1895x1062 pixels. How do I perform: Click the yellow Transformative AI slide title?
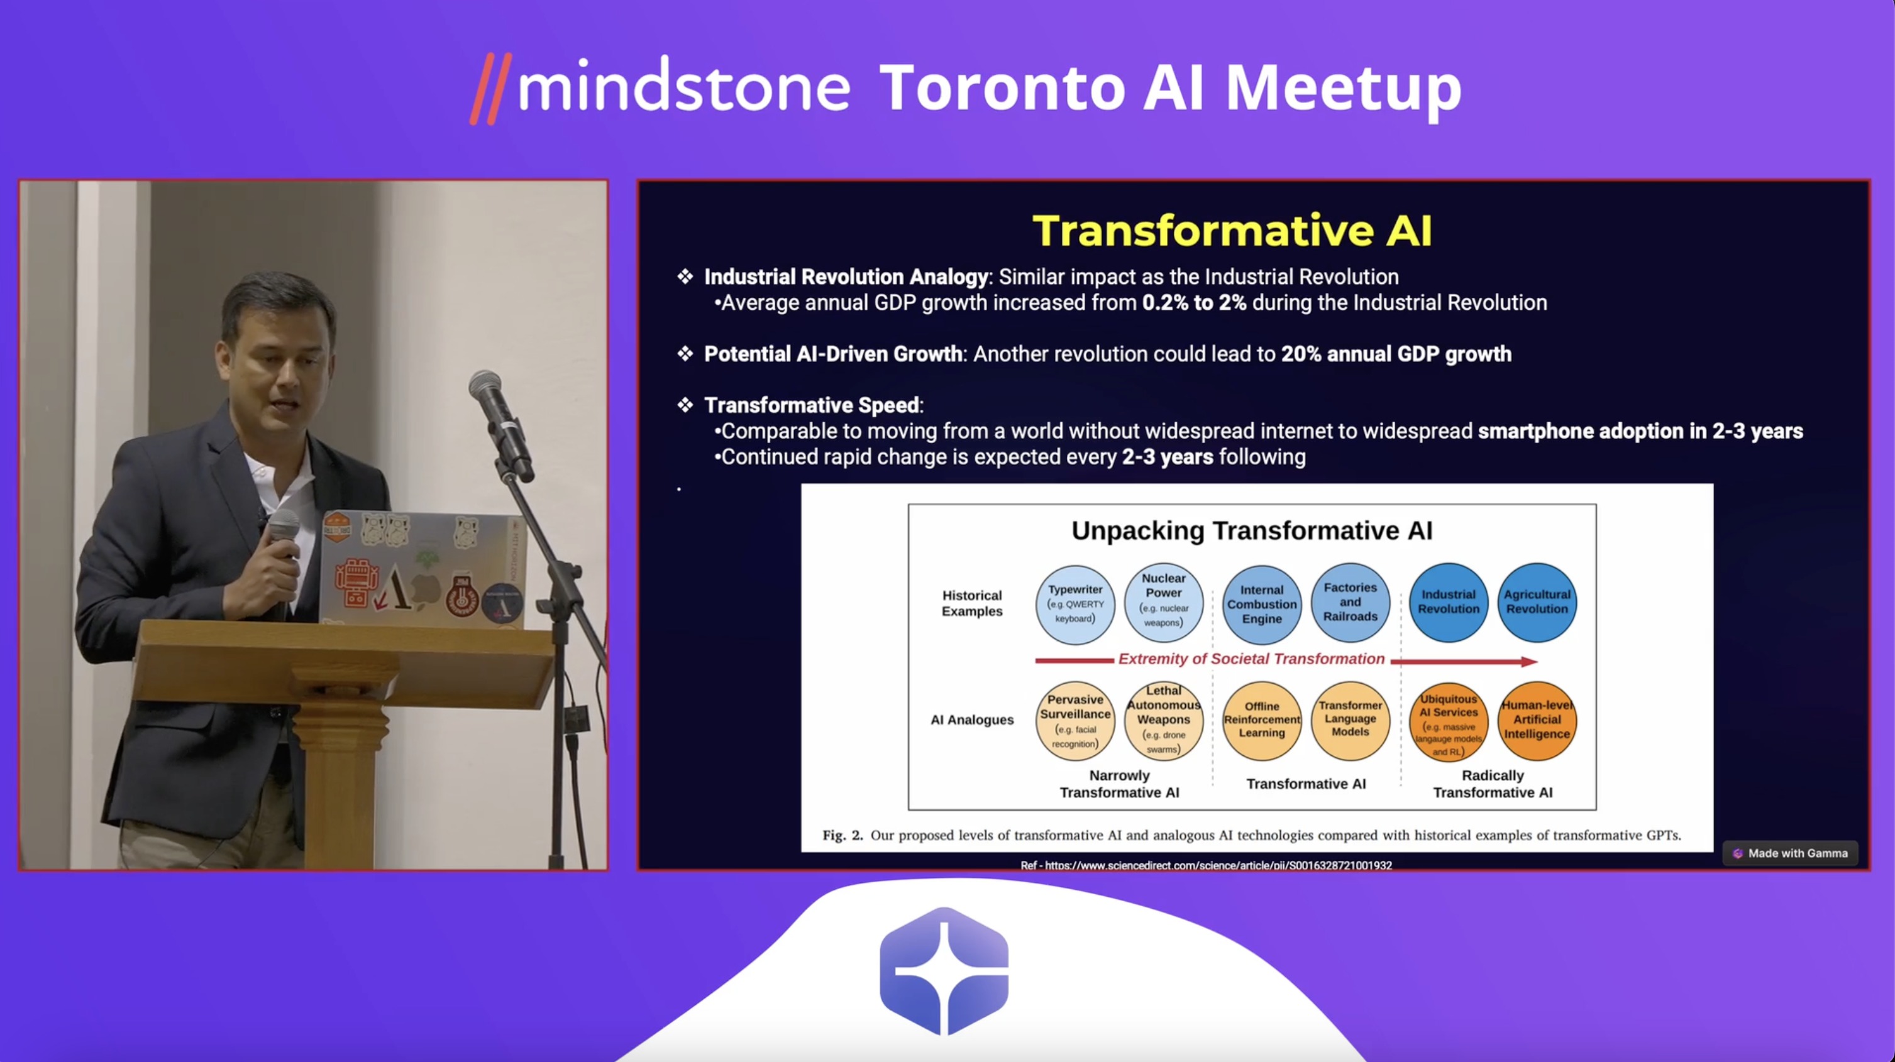point(1232,230)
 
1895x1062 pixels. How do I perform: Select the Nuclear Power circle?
point(1164,601)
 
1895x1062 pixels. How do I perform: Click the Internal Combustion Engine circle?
point(1262,604)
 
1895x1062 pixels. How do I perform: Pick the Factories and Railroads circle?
point(1350,601)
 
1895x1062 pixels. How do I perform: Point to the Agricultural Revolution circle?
point(1537,601)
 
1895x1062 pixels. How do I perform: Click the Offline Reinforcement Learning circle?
point(1262,721)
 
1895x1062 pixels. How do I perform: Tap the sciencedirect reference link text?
point(1206,866)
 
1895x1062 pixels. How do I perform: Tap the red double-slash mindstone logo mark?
point(490,88)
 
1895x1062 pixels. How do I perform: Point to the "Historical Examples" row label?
point(972,603)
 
